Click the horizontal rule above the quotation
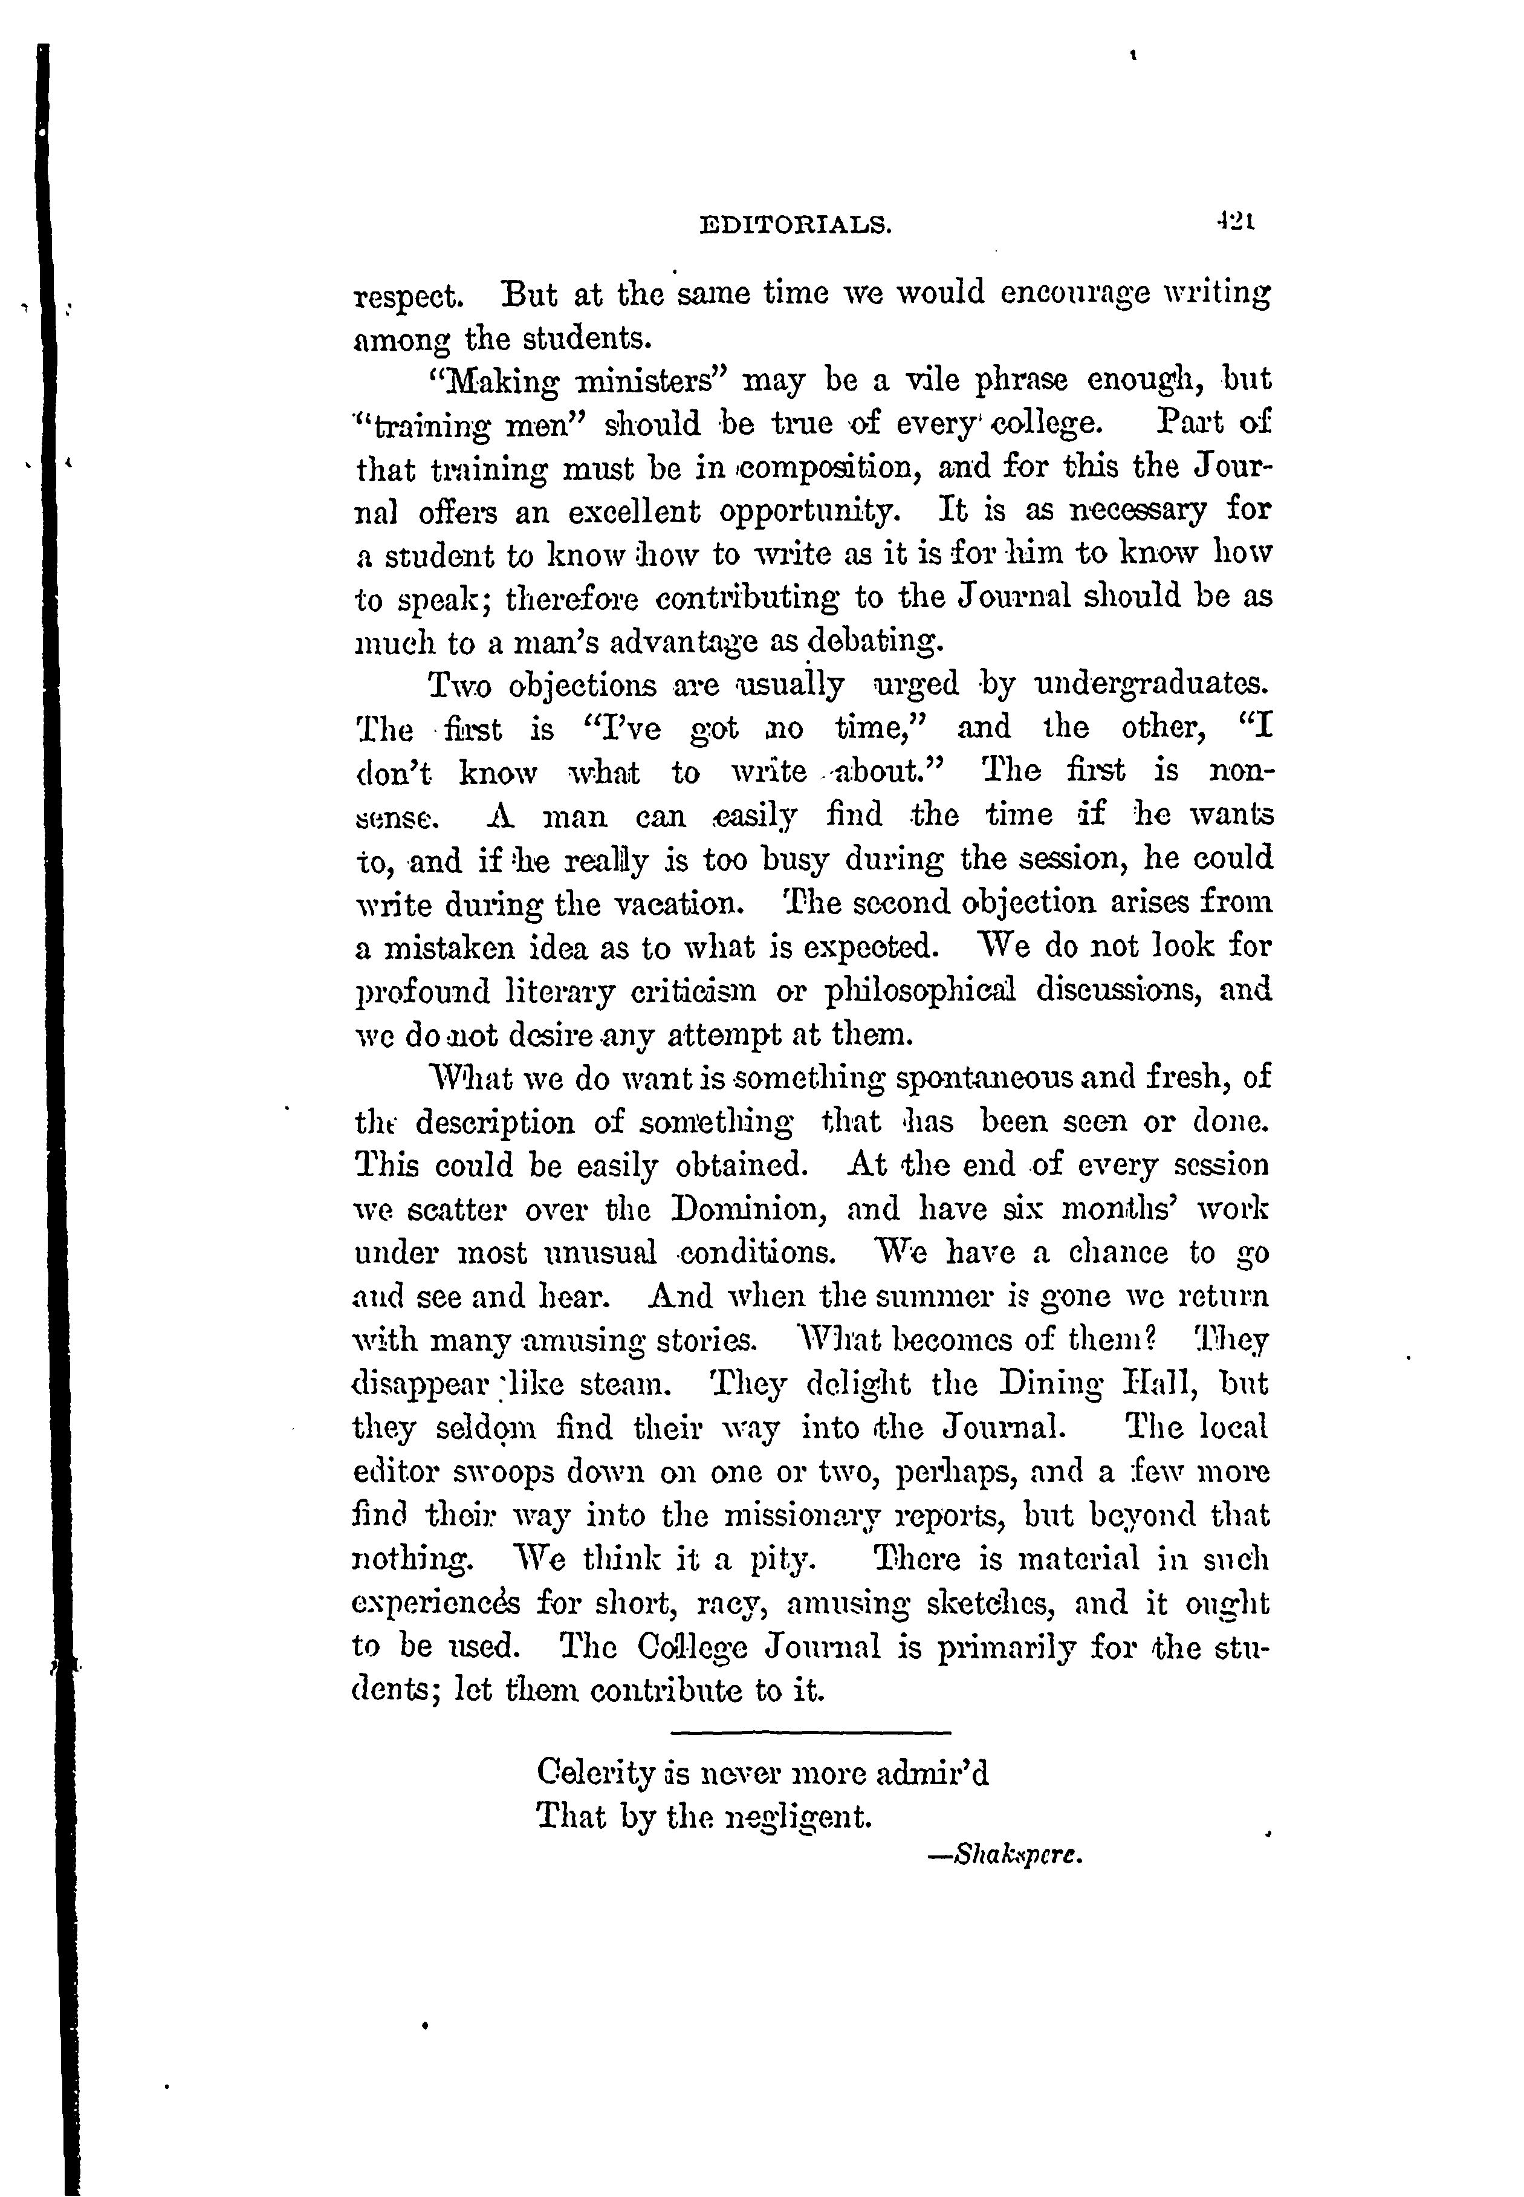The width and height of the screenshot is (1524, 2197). pyautogui.click(x=812, y=1730)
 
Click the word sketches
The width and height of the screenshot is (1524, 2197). pyautogui.click(x=996, y=1603)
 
